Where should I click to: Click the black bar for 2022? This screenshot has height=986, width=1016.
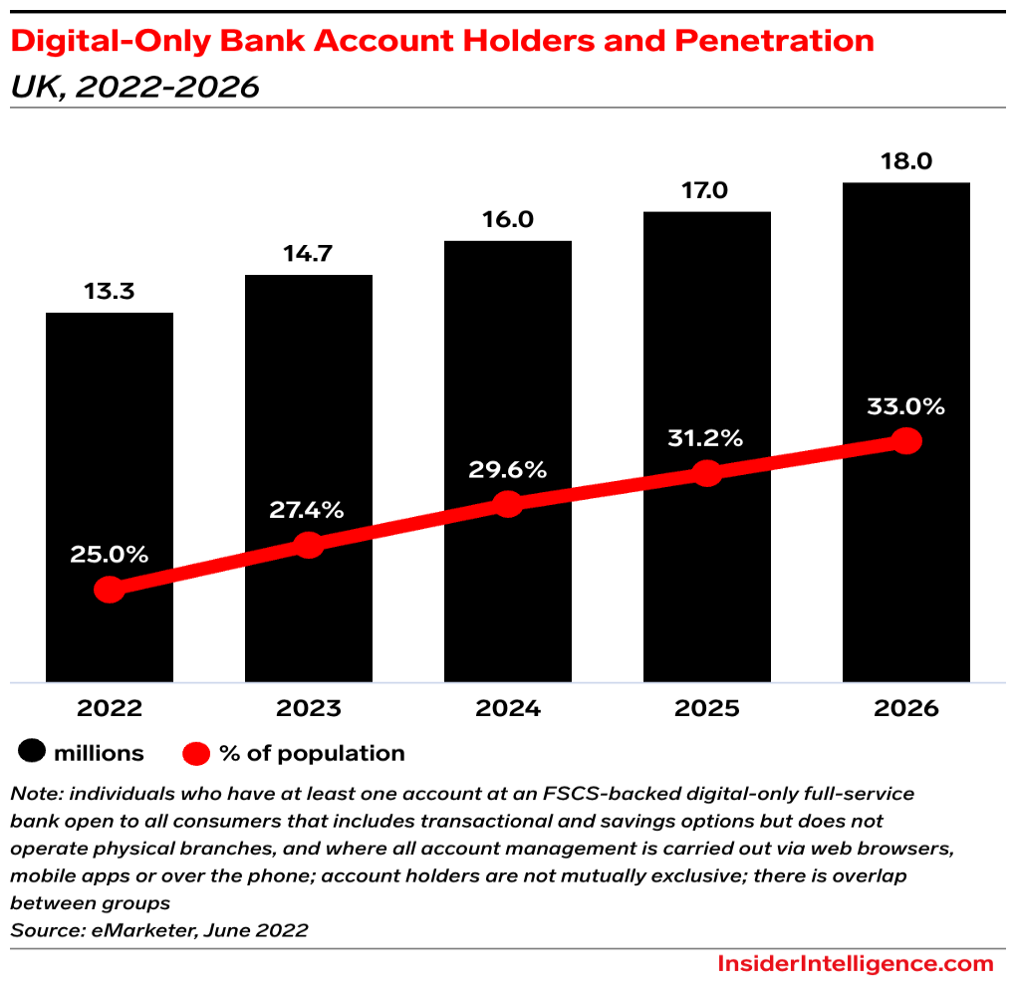[110, 448]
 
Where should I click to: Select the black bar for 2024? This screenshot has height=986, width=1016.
[508, 378]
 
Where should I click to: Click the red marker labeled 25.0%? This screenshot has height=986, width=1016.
[110, 590]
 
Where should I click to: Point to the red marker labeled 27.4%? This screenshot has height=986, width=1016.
[309, 545]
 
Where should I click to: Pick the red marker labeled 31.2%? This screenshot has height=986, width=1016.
[707, 473]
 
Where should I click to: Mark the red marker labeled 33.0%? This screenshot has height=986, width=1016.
[906, 440]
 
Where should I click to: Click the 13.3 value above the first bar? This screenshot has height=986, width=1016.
[110, 292]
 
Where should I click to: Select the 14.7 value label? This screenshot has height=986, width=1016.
[309, 254]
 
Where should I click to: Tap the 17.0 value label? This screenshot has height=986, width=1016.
[707, 190]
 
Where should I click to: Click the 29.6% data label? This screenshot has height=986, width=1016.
[507, 470]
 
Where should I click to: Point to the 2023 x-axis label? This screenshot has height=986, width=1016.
[309, 708]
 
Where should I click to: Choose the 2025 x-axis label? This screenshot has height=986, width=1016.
[707, 708]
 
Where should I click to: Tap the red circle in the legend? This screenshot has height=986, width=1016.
[196, 753]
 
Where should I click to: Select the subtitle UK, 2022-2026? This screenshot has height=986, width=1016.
[134, 87]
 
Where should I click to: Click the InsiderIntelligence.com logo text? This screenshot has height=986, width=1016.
[855, 963]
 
